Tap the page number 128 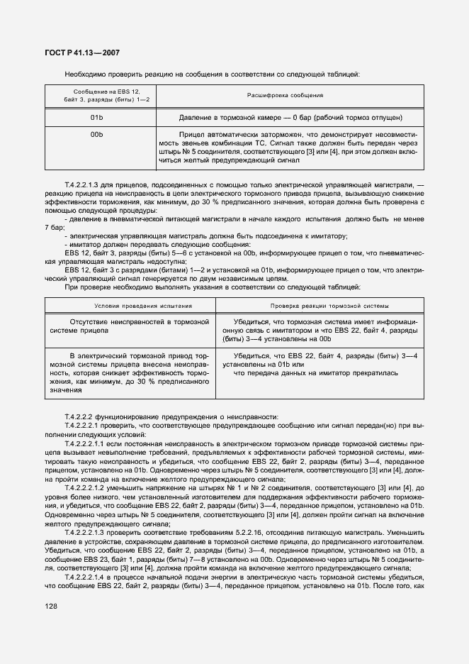(53, 606)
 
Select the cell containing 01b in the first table (97, 116)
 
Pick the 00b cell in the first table (97, 134)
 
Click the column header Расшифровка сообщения (285, 95)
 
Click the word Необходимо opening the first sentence (83, 74)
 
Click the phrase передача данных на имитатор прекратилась (311, 372)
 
